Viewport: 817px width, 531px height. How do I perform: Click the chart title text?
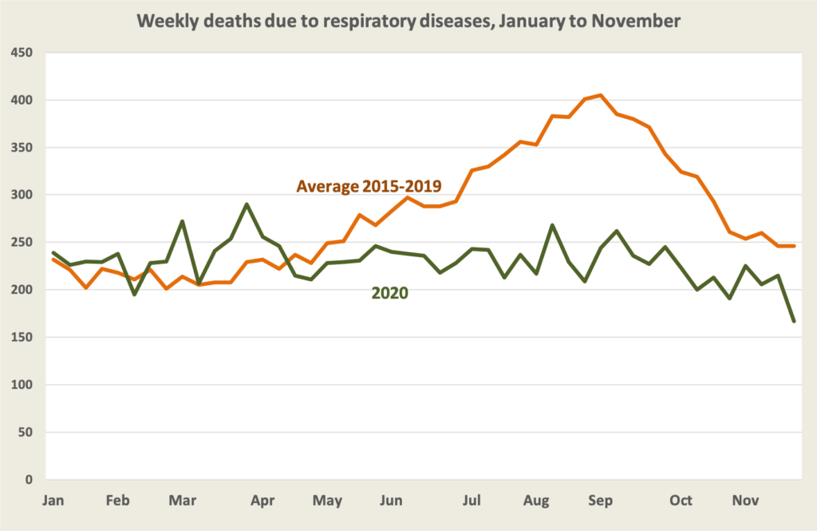pos(408,22)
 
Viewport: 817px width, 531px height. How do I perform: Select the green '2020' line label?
pos(389,293)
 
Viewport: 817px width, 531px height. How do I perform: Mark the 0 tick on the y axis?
pos(29,480)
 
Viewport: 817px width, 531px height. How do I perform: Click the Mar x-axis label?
pos(183,501)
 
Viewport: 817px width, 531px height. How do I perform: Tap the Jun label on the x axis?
pos(390,501)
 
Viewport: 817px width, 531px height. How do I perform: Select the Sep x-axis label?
pos(600,501)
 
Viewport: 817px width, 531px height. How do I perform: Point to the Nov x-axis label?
pos(745,501)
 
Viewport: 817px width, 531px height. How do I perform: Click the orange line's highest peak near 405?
pos(601,95)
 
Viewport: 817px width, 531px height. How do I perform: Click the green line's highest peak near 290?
pos(247,204)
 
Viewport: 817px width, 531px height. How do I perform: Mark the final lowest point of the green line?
pos(794,321)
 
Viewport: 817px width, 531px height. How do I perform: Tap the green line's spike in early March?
pos(183,221)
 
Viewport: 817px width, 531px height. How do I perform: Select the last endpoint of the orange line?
pos(794,246)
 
